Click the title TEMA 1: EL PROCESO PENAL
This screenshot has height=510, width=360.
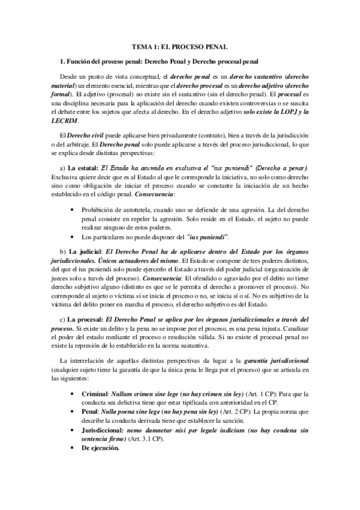pyautogui.click(x=180, y=47)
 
